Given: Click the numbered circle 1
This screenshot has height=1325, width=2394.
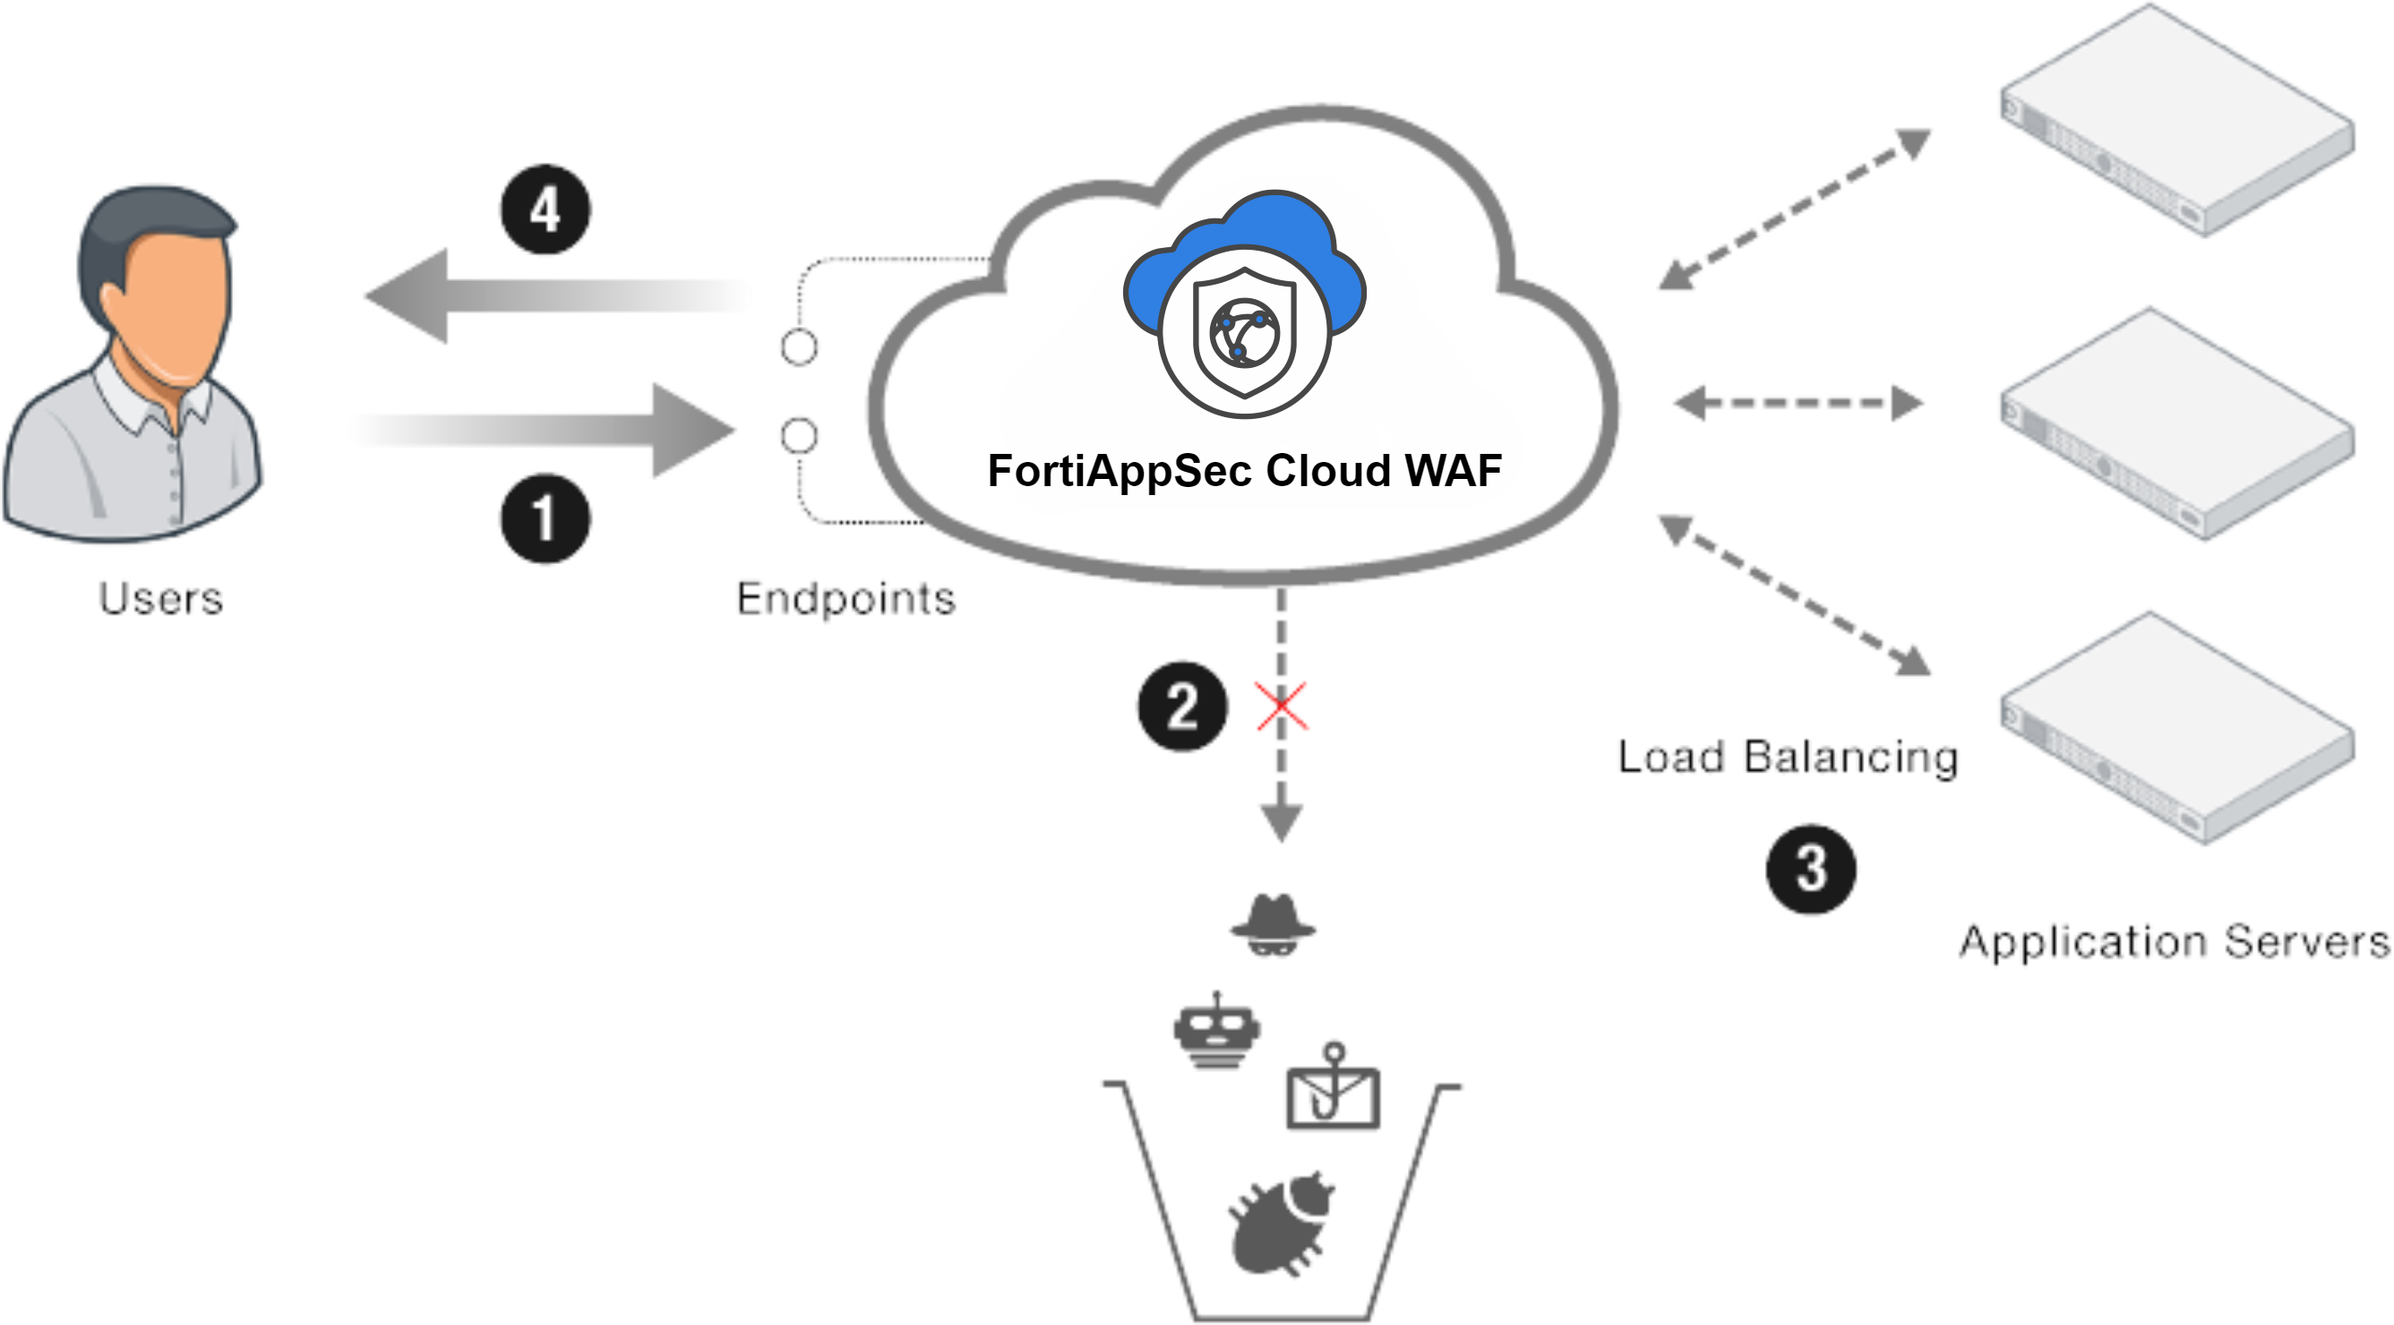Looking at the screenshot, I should click(545, 518).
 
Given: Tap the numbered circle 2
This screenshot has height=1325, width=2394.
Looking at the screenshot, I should click(1182, 706).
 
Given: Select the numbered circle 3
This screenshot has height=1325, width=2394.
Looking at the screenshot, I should click(1811, 868).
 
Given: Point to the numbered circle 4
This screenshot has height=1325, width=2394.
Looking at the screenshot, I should click(545, 210).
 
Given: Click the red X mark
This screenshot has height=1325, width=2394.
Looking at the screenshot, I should click(1282, 706).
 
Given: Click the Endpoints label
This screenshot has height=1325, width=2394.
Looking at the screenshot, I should click(845, 597).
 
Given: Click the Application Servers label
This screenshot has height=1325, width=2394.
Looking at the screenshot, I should click(2175, 942).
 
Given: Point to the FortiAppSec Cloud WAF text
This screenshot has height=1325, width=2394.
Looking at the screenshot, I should click(1244, 470).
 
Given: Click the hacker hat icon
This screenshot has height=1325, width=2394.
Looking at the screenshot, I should click(1274, 924).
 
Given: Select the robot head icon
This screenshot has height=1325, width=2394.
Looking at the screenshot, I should click(1215, 1031).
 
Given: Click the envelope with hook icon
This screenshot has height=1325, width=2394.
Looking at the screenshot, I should click(1332, 1090).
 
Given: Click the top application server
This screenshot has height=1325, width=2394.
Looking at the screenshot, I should click(2175, 121).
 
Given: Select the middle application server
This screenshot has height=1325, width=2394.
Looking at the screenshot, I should click(2175, 423).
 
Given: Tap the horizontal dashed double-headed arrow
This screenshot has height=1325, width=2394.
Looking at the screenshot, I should click(1798, 402).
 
